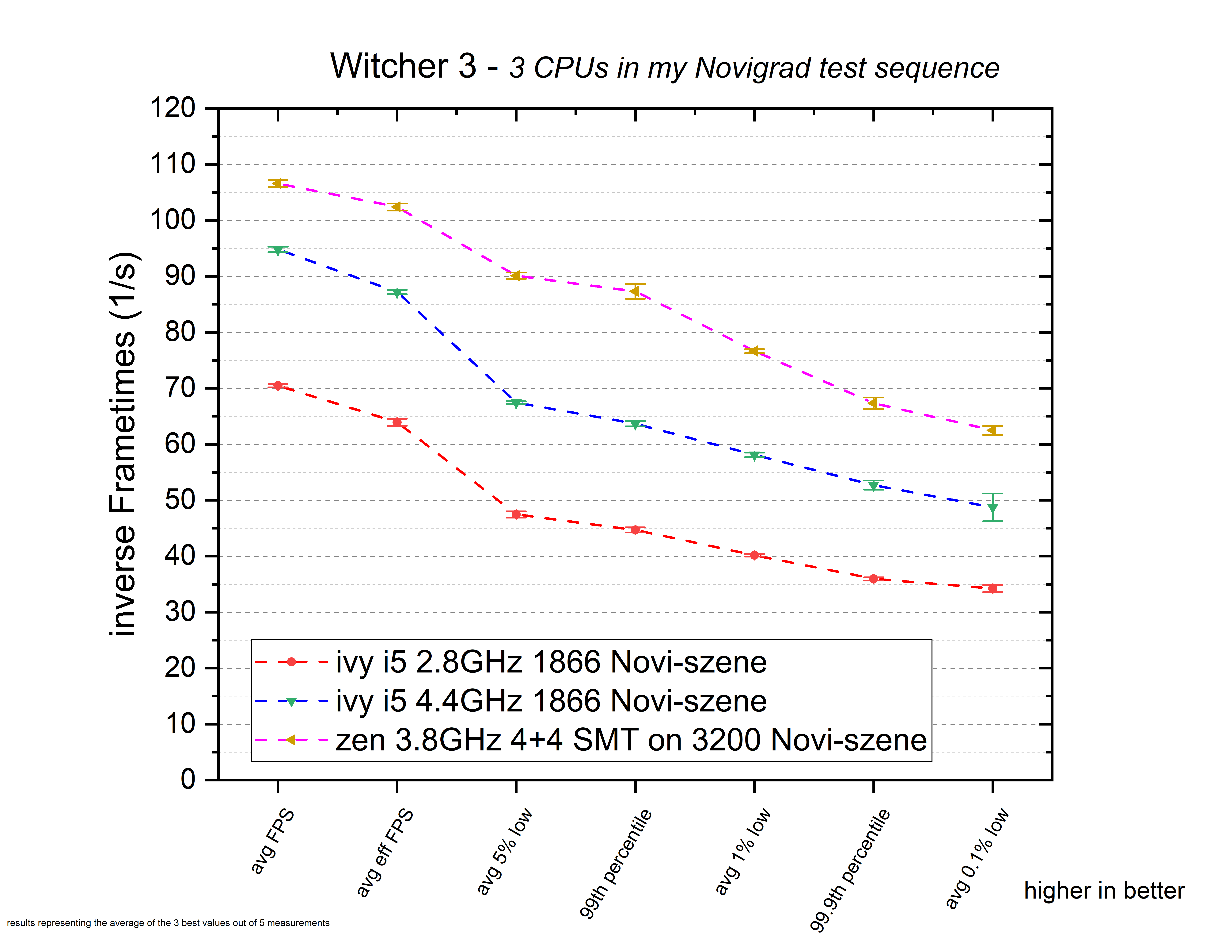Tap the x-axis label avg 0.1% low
coord(977,858)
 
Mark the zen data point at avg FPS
coord(277,183)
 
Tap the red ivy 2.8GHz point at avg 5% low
coord(516,514)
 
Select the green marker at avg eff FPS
coord(397,293)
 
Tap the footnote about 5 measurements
coord(168,923)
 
